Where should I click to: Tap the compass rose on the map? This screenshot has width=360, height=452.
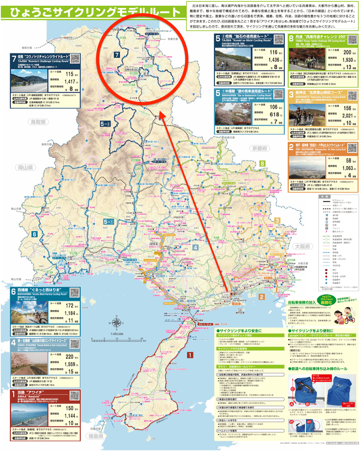[x=117, y=324]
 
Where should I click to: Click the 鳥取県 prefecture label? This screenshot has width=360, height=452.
[x=38, y=122]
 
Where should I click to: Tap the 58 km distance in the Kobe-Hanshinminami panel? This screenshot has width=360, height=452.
[x=340, y=160]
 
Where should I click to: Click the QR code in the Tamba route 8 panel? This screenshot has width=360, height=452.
[x=352, y=40]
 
